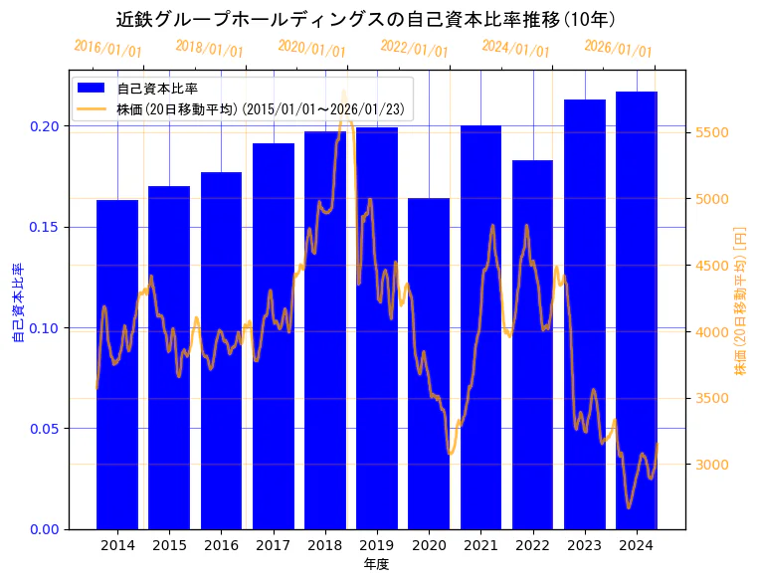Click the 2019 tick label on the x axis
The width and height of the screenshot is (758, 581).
(377, 546)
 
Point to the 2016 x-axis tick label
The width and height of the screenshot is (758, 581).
(221, 546)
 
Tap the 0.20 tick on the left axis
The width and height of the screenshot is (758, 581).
(43, 126)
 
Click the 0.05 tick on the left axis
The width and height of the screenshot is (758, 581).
(43, 429)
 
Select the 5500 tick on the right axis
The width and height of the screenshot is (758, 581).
(712, 132)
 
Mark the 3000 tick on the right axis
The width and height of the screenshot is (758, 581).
(712, 465)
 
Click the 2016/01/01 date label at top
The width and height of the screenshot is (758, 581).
(108, 48)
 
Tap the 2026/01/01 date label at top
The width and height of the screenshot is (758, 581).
(618, 48)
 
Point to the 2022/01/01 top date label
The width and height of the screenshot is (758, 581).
(415, 48)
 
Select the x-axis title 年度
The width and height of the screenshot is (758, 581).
(376, 564)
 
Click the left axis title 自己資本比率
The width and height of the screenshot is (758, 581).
(17, 303)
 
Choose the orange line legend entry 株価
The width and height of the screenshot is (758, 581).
(259, 109)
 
